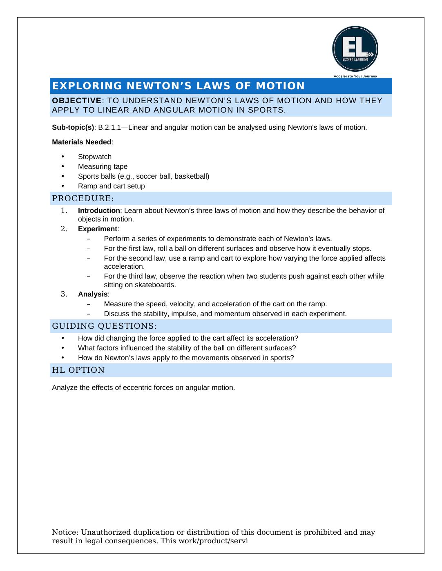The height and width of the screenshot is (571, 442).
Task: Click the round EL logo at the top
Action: coord(355,49)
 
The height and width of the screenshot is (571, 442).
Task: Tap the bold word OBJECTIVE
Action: coord(76,101)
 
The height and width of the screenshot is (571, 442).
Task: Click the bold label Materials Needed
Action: coord(81,142)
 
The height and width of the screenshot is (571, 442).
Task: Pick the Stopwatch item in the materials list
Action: coord(94,157)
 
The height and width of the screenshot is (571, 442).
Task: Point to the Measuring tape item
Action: coord(103,167)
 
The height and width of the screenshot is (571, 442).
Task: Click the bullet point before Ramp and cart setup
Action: coord(63,186)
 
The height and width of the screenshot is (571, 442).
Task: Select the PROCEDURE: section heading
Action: coord(83,199)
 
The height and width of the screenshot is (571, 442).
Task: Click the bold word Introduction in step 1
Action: coord(99,211)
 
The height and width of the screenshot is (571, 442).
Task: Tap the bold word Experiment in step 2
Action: coord(97,229)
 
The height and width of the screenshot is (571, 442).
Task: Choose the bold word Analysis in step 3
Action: coord(93,294)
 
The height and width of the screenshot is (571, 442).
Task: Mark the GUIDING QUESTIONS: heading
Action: coord(104,326)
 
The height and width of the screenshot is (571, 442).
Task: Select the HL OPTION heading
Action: coord(78,370)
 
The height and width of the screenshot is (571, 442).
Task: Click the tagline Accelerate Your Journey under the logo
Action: coord(355,76)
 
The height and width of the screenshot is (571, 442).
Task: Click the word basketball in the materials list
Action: coord(192,177)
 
